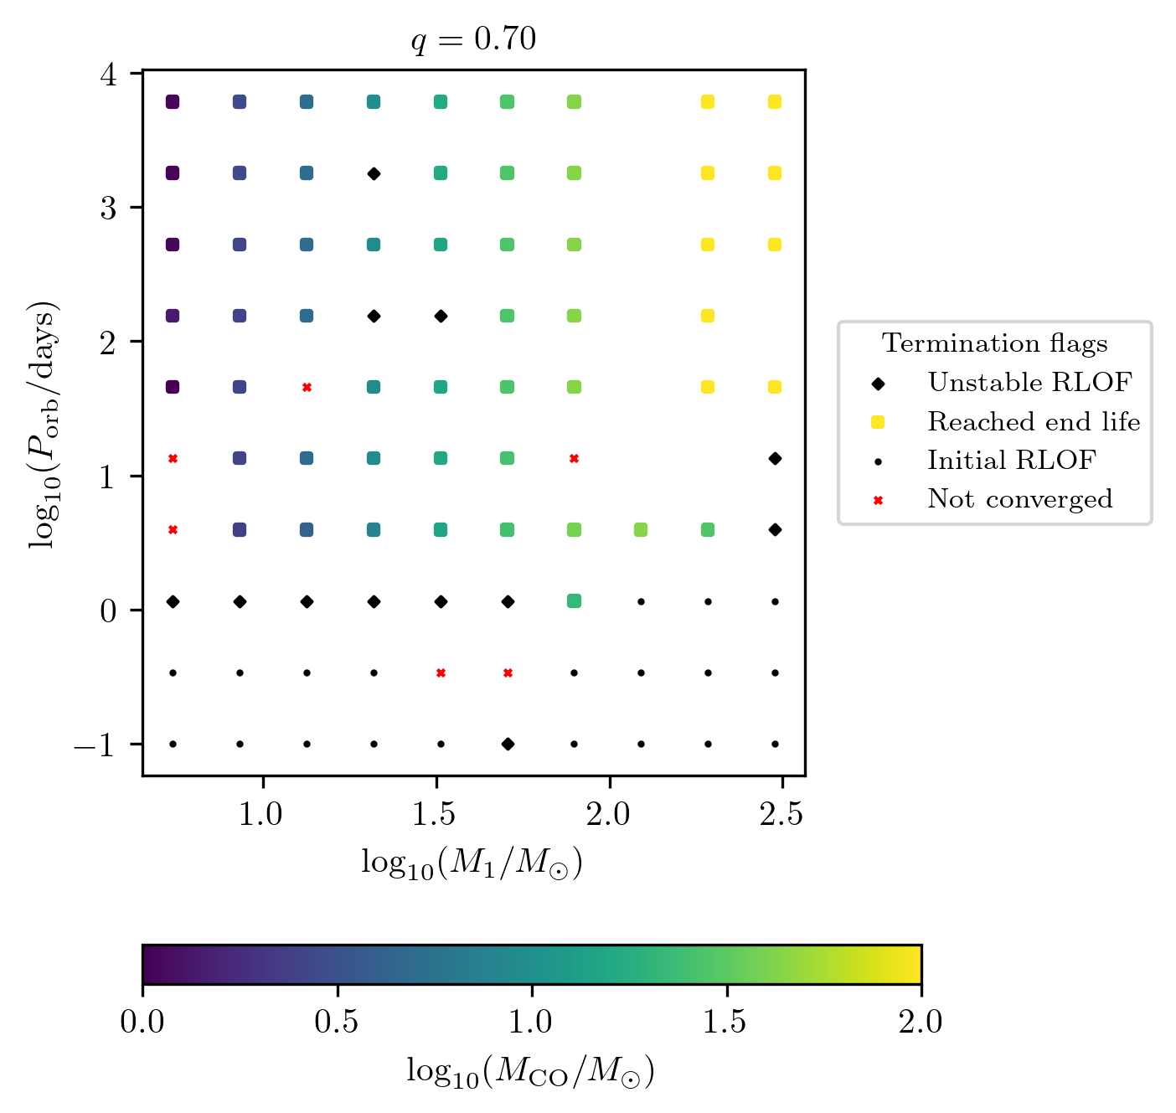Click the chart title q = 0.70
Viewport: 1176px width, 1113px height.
[x=473, y=39]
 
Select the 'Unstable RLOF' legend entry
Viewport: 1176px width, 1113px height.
[x=1029, y=383]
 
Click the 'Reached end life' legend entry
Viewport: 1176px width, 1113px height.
[x=1033, y=422]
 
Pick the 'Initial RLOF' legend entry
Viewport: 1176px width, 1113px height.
[x=1011, y=461]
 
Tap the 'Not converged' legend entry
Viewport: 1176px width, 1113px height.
[x=1019, y=499]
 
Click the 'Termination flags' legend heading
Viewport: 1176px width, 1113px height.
[x=995, y=343]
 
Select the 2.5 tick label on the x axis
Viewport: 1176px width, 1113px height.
[x=781, y=814]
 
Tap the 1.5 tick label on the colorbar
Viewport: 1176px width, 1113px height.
[x=726, y=1023]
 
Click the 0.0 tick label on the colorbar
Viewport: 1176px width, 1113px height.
[x=143, y=1023]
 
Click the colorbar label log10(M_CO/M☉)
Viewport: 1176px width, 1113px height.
[x=530, y=1071]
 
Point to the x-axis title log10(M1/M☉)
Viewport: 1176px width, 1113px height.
[x=472, y=863]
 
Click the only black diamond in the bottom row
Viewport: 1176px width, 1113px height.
[x=508, y=744]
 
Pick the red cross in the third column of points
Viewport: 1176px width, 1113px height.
[x=307, y=387]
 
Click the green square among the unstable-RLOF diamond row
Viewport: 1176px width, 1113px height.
[x=574, y=601]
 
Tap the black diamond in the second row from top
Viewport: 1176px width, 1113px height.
[x=374, y=173]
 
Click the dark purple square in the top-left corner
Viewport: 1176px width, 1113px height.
[x=173, y=102]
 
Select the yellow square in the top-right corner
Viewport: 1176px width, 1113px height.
[x=775, y=102]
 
